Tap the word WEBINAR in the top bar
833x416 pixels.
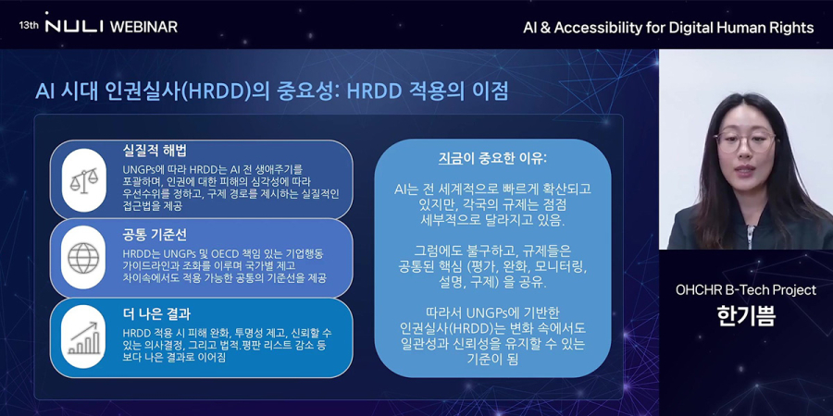[143, 26]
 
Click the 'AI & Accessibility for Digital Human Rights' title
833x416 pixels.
[668, 27]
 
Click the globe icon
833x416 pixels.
[83, 258]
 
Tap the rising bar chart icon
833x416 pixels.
[83, 337]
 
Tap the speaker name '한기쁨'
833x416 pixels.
[745, 315]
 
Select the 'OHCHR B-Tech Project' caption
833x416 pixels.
[745, 289]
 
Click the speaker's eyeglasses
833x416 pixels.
[745, 141]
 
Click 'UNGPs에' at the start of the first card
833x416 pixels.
[144, 170]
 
